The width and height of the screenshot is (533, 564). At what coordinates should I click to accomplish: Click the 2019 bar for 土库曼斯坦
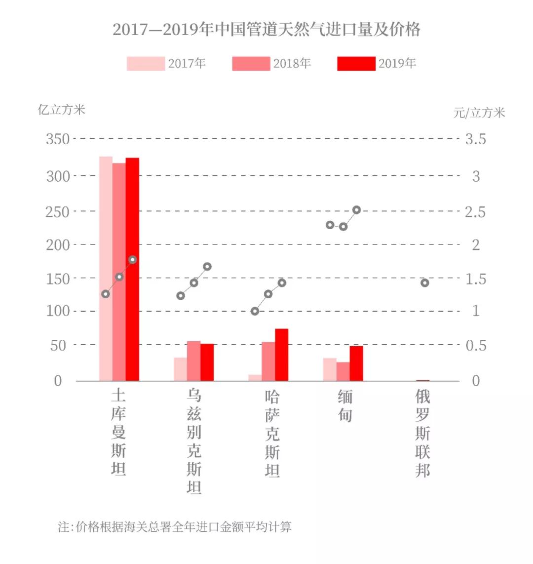click(x=132, y=269)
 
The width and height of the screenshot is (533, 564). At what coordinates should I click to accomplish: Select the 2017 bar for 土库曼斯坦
click(x=106, y=269)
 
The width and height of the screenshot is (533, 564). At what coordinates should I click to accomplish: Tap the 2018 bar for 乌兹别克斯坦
click(x=194, y=361)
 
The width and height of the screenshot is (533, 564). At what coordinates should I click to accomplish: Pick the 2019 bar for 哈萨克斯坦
click(x=281, y=355)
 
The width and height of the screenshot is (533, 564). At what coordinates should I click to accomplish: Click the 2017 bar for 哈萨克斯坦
click(x=255, y=378)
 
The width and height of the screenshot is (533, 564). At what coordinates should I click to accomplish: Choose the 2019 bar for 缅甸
click(x=356, y=363)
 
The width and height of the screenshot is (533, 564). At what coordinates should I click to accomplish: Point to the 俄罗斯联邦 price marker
click(x=424, y=283)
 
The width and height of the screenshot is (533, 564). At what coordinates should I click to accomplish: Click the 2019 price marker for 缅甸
click(x=357, y=210)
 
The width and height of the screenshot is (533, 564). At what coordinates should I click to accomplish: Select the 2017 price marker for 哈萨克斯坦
click(x=255, y=311)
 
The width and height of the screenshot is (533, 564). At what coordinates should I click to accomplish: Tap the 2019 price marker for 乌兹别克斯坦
click(x=207, y=267)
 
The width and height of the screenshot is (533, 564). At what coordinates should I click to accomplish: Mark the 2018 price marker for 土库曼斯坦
click(x=119, y=277)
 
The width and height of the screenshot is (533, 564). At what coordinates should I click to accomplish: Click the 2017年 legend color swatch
click(x=146, y=64)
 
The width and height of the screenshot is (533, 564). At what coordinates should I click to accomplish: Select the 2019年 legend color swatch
click(x=356, y=64)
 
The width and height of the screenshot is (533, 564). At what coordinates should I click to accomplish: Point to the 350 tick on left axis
click(x=58, y=139)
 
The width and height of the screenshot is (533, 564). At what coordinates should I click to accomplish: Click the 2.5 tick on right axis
click(x=475, y=212)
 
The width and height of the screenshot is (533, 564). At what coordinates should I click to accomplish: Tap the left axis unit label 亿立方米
click(x=62, y=110)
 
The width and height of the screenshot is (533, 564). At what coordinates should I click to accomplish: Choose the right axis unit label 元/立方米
click(x=479, y=113)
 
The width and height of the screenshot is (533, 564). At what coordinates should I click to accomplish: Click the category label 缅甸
click(x=345, y=406)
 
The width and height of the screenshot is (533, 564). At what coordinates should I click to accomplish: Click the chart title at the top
click(x=266, y=30)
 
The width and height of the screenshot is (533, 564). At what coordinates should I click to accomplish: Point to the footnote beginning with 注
click(x=175, y=526)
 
